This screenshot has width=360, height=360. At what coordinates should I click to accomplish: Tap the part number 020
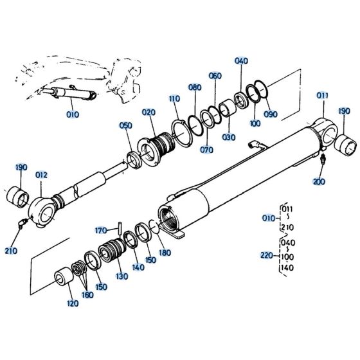[149, 112]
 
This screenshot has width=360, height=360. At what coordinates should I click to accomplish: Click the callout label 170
[101, 230]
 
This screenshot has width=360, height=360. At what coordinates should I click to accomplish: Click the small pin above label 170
[120, 224]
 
